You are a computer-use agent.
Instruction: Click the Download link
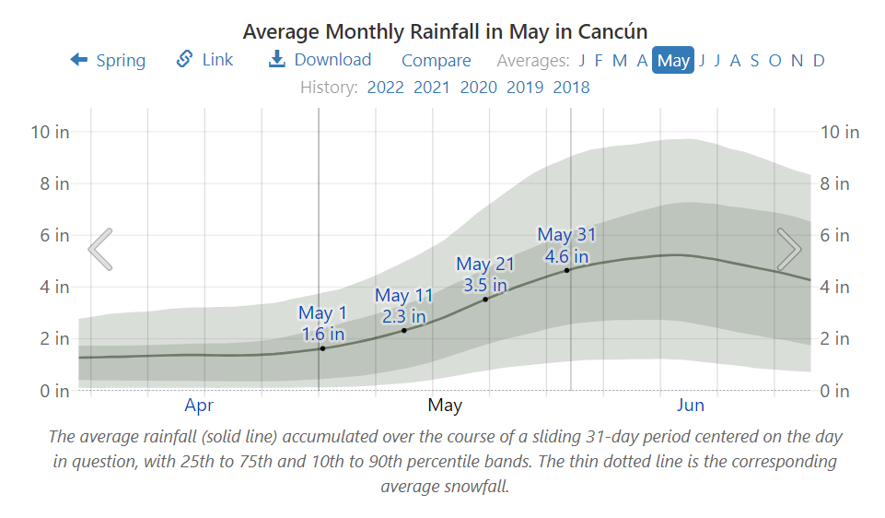coord(320,60)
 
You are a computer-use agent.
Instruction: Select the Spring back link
coord(108,61)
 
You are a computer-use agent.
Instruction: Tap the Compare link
coord(436,61)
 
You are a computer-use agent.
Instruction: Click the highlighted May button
coord(673,61)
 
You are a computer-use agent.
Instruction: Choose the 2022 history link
coord(385,88)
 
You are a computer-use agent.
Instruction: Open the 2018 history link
coord(571,88)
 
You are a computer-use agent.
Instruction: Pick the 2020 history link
coord(478,88)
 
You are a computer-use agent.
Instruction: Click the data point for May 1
coord(322,348)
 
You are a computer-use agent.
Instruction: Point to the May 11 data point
coord(404,330)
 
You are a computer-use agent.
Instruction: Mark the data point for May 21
coord(485,299)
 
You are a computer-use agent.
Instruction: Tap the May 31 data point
coord(567,270)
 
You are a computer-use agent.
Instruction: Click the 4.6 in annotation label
coord(567,256)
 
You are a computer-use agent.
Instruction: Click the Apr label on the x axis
coord(199,405)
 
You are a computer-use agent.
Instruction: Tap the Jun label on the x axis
coord(691,405)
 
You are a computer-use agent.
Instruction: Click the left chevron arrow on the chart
coord(100,249)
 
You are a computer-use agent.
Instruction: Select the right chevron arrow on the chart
coord(789,249)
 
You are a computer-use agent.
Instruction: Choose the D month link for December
coord(819,61)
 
